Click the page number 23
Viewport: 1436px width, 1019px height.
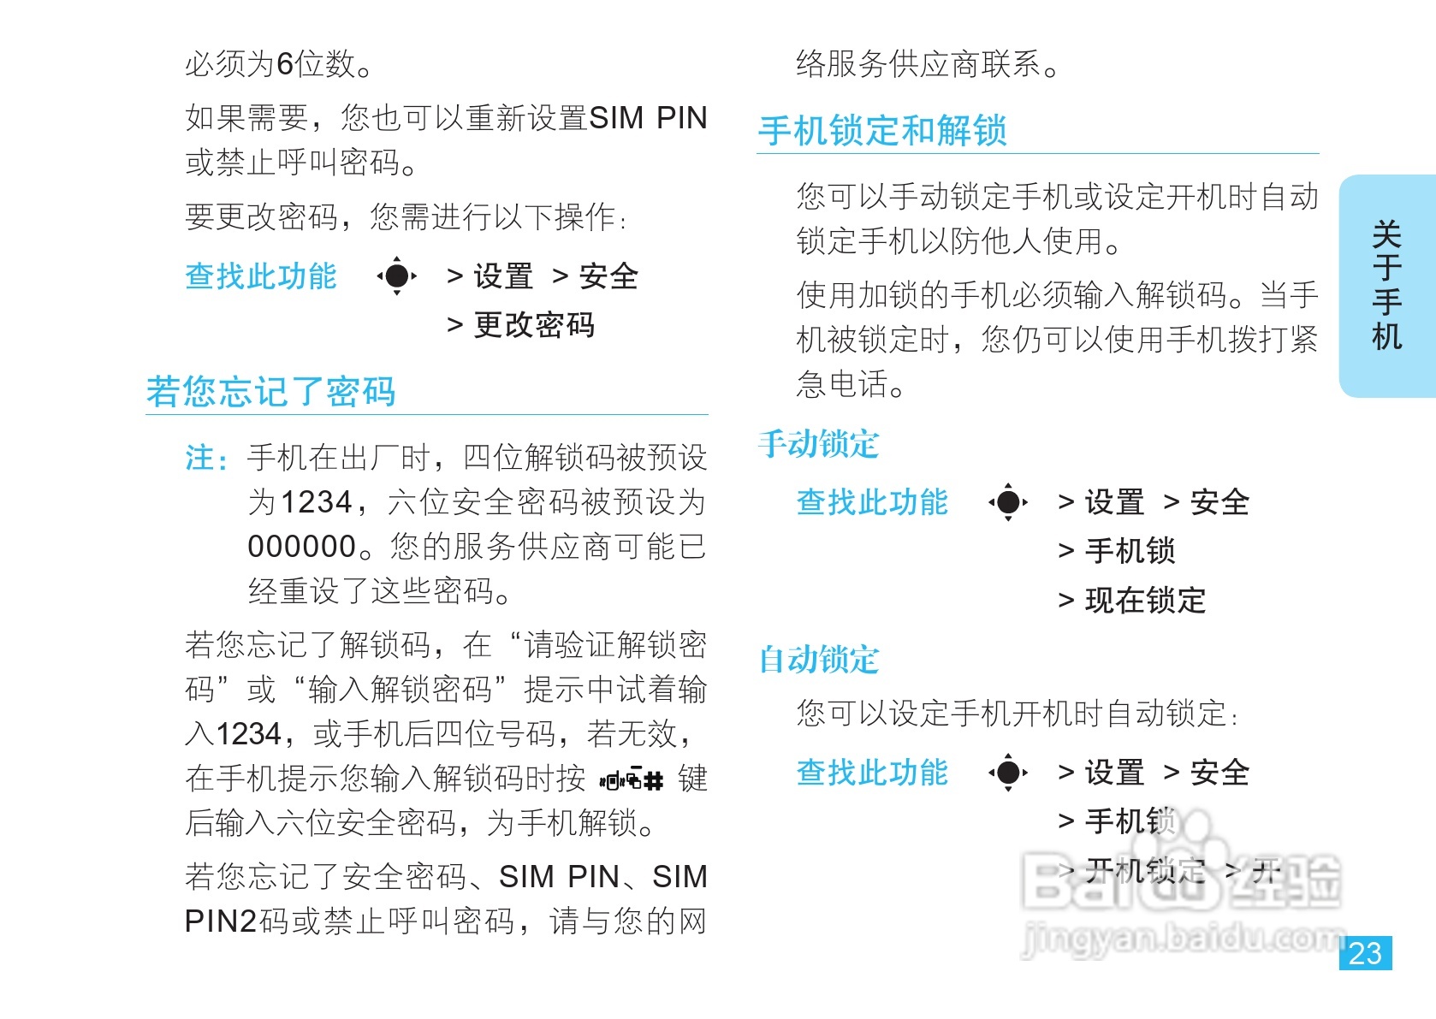(x=1365, y=953)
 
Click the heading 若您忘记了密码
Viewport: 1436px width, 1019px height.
(x=270, y=392)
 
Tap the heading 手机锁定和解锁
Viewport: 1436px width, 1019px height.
(x=882, y=131)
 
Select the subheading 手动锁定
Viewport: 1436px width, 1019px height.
(x=819, y=444)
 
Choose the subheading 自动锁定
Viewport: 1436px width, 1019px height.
(x=819, y=660)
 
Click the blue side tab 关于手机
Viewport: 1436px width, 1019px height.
(x=1386, y=286)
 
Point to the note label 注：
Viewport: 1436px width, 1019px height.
(x=206, y=459)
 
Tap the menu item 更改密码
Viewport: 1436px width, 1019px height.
(x=534, y=325)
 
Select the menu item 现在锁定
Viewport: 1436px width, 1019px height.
(x=1145, y=601)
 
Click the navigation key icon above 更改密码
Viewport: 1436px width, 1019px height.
(x=396, y=276)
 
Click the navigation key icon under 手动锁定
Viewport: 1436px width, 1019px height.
(x=1008, y=502)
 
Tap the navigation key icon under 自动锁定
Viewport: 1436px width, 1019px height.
(x=1008, y=773)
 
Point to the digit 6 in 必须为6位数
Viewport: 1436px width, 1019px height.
(x=285, y=64)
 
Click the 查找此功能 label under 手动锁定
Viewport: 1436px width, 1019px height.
(x=872, y=502)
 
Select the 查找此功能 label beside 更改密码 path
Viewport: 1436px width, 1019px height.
(x=261, y=276)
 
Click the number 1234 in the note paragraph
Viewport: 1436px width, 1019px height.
(x=317, y=502)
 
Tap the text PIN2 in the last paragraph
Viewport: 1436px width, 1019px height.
(x=221, y=921)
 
